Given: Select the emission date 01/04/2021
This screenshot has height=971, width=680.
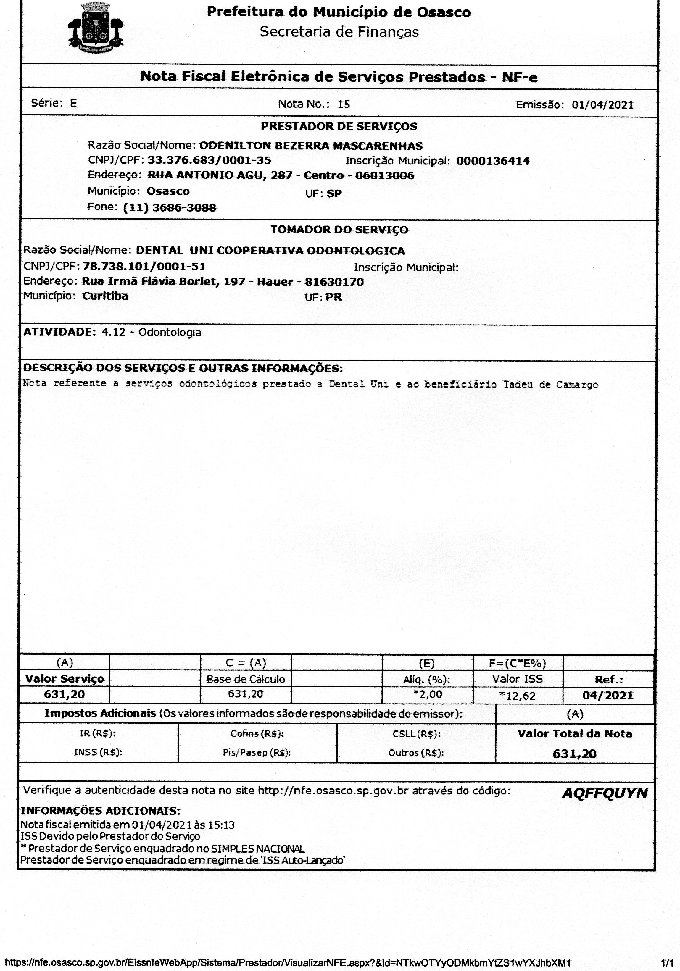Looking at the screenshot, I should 602,105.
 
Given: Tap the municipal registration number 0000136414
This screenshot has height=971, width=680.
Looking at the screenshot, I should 493,161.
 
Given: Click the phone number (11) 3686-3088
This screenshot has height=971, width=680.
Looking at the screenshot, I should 169,208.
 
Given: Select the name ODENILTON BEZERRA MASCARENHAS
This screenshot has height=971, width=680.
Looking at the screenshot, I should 310,146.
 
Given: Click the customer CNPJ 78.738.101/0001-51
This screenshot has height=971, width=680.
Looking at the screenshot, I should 144,267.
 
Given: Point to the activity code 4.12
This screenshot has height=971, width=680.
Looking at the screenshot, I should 113,332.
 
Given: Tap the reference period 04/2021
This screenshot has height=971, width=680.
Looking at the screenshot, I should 608,695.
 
